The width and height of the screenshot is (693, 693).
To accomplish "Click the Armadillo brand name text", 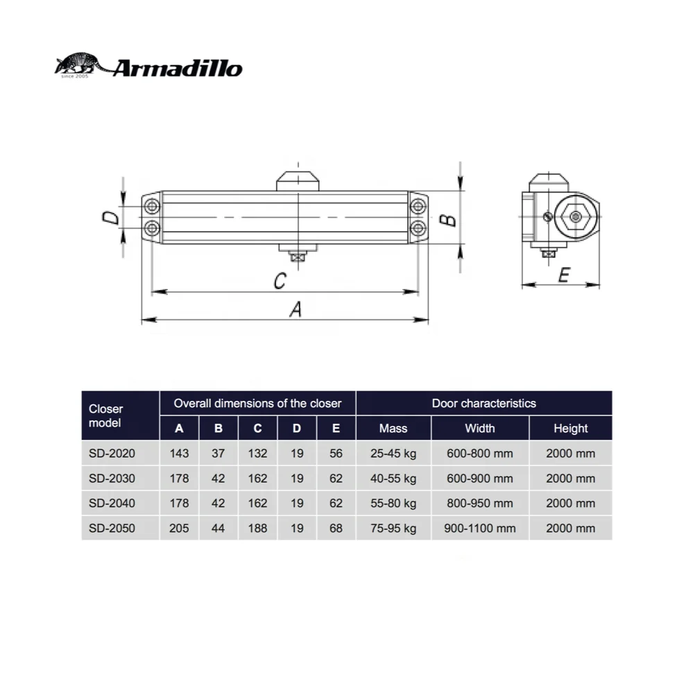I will [x=178, y=69].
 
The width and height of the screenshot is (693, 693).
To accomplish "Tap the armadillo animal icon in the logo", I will [x=80, y=66].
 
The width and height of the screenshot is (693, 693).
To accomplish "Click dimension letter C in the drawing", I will [x=279, y=281].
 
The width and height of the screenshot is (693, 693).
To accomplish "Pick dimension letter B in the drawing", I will [x=449, y=219].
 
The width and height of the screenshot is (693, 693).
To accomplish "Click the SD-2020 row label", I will [x=112, y=454].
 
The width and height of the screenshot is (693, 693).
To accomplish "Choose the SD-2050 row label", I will [x=112, y=528].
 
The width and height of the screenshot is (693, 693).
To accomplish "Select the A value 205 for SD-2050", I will [x=179, y=528].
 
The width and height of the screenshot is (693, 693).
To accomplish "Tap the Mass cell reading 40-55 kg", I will [x=393, y=479].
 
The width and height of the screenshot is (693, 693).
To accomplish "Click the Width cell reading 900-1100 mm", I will [x=479, y=528].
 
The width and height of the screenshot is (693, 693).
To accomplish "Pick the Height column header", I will [x=570, y=429].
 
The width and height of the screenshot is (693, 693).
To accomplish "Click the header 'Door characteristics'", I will [x=484, y=403].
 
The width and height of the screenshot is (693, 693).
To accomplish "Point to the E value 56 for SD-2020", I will [x=336, y=454].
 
